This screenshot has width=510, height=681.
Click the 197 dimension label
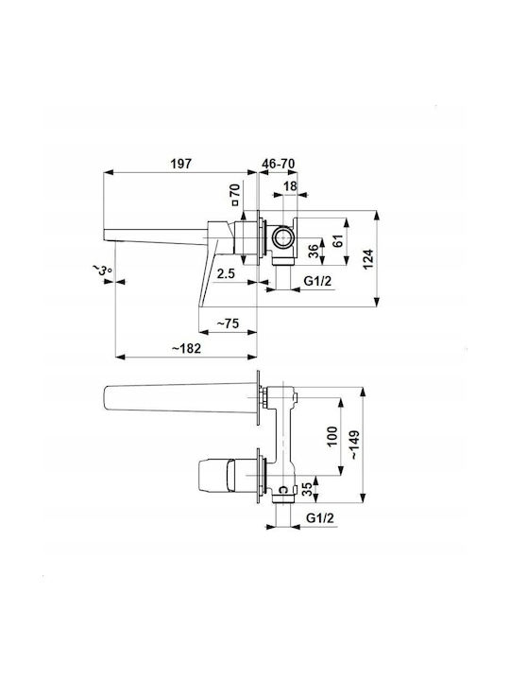coord(180,164)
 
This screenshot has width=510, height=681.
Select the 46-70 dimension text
coord(279,164)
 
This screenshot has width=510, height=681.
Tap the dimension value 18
coord(290,186)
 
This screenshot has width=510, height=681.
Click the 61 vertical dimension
coord(338,240)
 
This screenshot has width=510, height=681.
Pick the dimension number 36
coord(314,251)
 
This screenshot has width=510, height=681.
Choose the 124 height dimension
coord(368,259)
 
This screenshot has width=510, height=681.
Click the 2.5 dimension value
coord(226,273)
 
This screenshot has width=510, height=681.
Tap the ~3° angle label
coord(101,271)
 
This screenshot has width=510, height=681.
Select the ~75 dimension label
coord(228,323)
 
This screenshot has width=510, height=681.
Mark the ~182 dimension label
coord(186,348)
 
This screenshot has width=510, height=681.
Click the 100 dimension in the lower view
coord(331,436)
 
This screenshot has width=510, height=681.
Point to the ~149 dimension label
coord(354,445)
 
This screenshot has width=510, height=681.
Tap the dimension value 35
coord(306,490)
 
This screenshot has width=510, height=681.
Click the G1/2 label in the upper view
coord(317,281)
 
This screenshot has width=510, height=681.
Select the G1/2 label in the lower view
coord(320,517)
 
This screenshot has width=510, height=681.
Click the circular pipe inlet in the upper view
coord(282,238)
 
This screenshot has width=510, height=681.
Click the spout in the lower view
coord(180,397)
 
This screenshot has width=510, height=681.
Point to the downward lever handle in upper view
coord(207,278)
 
